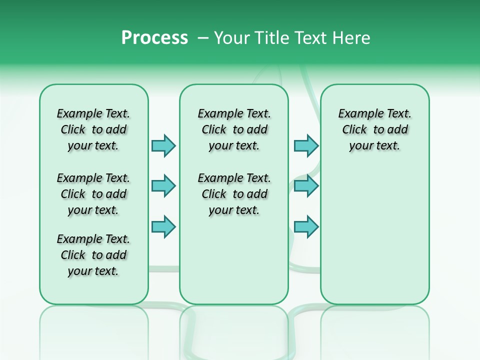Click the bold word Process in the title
[x=154, y=38]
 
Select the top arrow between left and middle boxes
[x=163, y=146]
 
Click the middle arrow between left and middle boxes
[x=163, y=186]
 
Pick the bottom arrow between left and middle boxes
[x=163, y=226]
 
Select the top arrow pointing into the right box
[x=306, y=146]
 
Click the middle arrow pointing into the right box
[x=306, y=186]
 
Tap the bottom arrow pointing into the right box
[x=306, y=226]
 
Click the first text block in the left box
[x=93, y=129]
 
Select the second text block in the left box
[x=93, y=194]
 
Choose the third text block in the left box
[x=93, y=255]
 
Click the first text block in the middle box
[x=234, y=129]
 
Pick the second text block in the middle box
[x=234, y=194]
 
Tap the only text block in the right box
[x=374, y=129]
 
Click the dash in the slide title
[x=203, y=38]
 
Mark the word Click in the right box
[x=354, y=130]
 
